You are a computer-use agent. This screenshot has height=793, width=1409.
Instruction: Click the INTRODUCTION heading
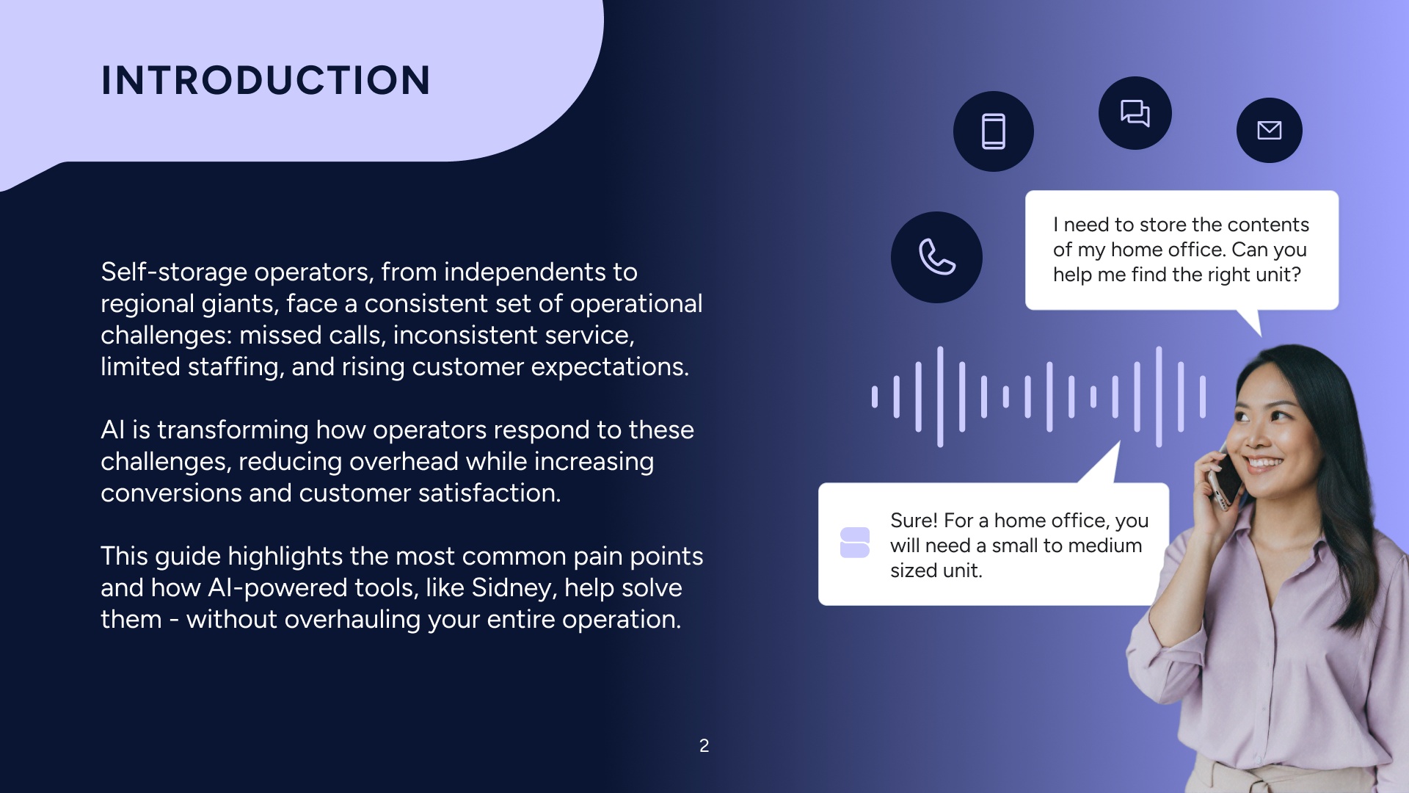(x=266, y=80)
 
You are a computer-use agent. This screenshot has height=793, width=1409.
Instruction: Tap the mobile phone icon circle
(x=993, y=131)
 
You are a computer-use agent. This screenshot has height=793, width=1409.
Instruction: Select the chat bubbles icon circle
(x=1135, y=113)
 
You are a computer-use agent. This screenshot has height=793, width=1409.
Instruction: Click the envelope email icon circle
(x=1269, y=130)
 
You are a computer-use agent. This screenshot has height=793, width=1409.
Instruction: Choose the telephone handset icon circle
(x=936, y=257)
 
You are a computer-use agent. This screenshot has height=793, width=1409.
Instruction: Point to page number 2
(x=704, y=746)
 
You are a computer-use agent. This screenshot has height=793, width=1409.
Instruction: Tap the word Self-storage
(x=175, y=272)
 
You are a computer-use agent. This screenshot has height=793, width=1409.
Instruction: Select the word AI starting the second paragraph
(x=112, y=430)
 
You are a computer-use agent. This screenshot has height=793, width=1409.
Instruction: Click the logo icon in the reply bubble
(x=854, y=543)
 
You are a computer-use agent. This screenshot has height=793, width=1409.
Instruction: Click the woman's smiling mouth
(x=1264, y=463)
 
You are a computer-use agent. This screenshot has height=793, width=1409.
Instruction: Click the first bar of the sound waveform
(x=874, y=396)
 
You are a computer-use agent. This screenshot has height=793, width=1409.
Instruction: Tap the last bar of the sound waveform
(x=1202, y=396)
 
